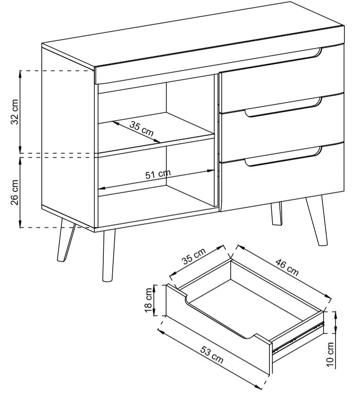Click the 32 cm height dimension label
15,112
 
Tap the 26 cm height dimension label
15,192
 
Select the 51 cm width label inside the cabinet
158,174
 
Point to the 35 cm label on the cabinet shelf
142,129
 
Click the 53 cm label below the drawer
212,354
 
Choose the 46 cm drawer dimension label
287,267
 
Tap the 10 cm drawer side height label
330,354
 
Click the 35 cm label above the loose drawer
194,256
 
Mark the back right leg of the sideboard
276,214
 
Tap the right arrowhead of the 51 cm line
211,171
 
